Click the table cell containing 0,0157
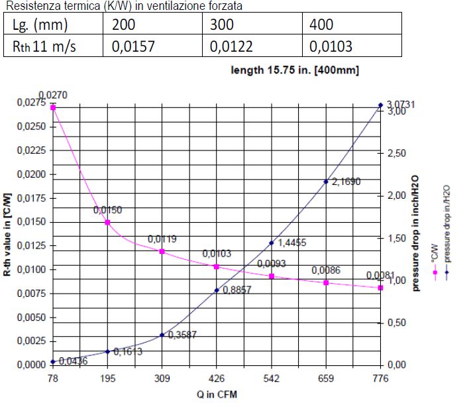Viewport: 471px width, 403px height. [x=153, y=46]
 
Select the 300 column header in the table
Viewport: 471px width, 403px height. [x=252, y=25]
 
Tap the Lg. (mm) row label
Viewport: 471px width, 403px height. [x=54, y=25]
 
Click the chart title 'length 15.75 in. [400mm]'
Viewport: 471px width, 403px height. [x=295, y=70]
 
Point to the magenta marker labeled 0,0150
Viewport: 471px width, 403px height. [x=107, y=222]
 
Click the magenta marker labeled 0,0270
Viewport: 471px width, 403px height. [x=53, y=107]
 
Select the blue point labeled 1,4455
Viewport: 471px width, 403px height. [x=271, y=243]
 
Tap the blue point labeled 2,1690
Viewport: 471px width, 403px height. [x=326, y=182]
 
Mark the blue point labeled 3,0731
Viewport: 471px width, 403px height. [x=380, y=105]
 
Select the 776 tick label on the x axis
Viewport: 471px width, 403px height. [x=380, y=378]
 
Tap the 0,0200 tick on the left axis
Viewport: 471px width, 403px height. [x=32, y=174]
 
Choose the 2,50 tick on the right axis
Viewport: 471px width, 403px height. [x=397, y=153]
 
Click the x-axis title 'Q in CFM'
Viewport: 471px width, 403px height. [x=216, y=394]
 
